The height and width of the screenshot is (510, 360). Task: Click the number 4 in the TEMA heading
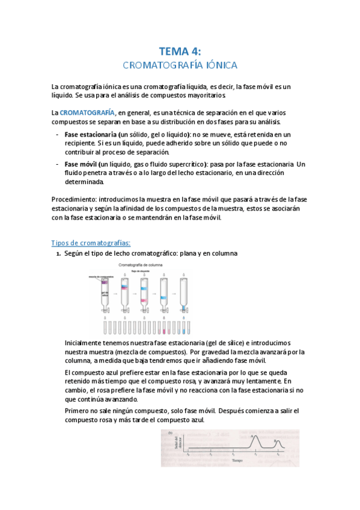[x=194, y=51]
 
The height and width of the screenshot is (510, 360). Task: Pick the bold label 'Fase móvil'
[x=81, y=164]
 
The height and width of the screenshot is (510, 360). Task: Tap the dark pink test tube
[x=163, y=329]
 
